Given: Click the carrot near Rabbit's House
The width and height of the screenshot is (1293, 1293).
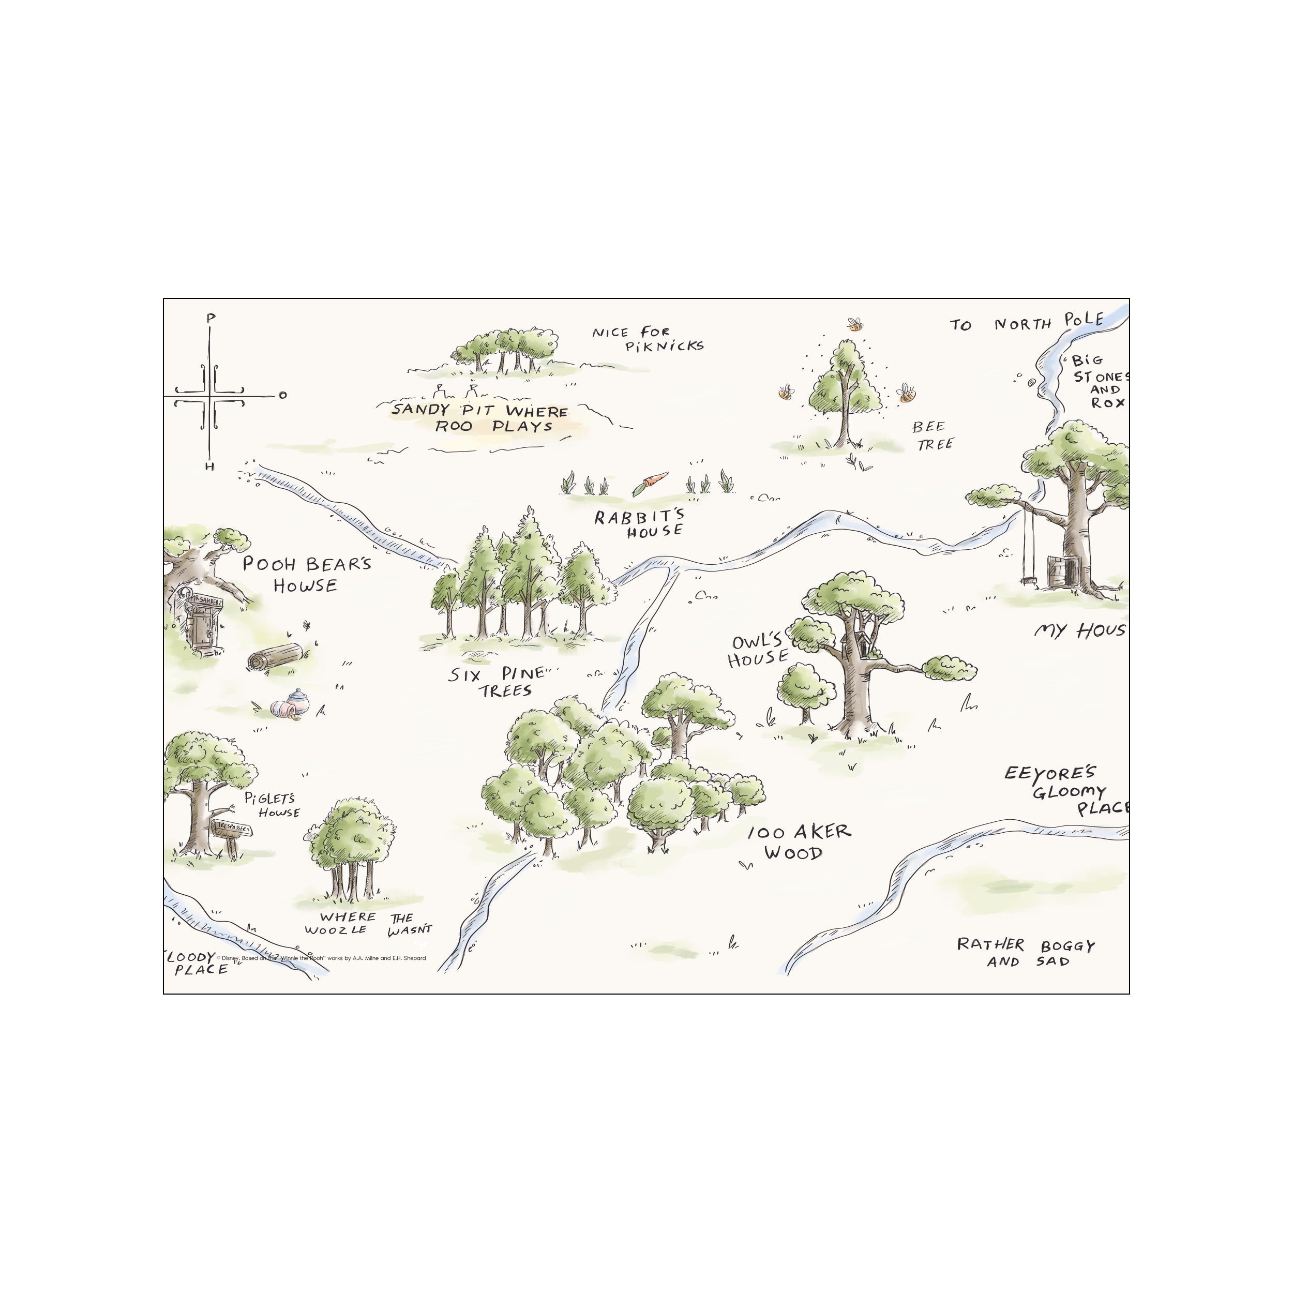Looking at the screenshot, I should pos(650,483).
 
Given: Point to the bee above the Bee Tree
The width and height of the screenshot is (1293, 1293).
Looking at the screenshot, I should pos(854,325).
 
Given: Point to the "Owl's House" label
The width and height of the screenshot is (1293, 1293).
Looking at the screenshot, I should pos(757,651).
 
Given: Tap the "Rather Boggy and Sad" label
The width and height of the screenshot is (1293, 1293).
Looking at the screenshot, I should pos(1025,952).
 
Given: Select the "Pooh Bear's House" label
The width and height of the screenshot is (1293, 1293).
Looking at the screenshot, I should pos(306,574).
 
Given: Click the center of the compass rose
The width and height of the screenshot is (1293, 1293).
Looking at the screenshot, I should pos(210,396).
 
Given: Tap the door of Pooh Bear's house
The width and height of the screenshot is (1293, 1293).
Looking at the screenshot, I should pos(200,630).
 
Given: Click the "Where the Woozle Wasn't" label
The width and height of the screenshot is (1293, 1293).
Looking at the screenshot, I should pos(367,924).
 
